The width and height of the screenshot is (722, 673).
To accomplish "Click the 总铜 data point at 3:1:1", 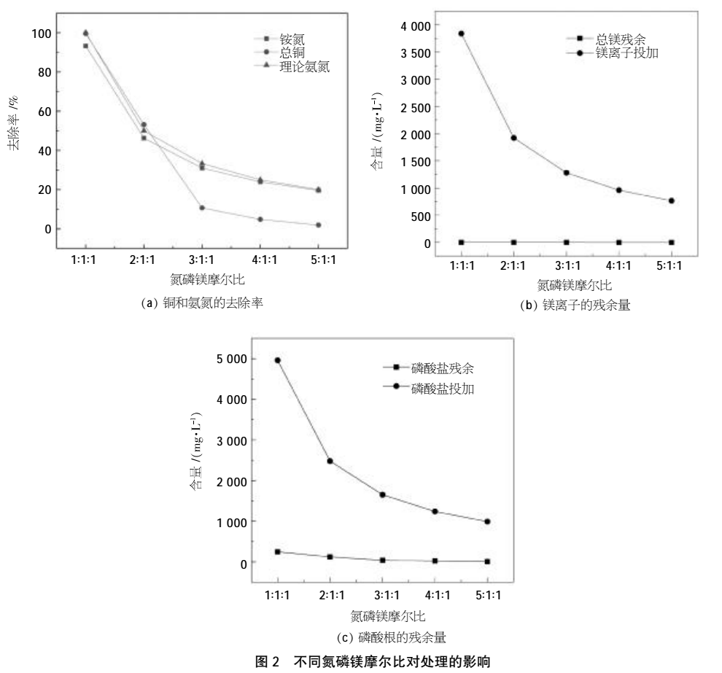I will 202,208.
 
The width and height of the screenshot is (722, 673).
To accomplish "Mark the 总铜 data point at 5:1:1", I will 318,225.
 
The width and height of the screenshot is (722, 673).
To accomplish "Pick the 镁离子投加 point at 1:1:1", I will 441,34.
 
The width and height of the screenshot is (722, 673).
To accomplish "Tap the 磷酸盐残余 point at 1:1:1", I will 277,552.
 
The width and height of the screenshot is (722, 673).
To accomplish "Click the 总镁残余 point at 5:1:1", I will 671,242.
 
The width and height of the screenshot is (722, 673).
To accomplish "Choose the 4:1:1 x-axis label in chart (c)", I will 434,596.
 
